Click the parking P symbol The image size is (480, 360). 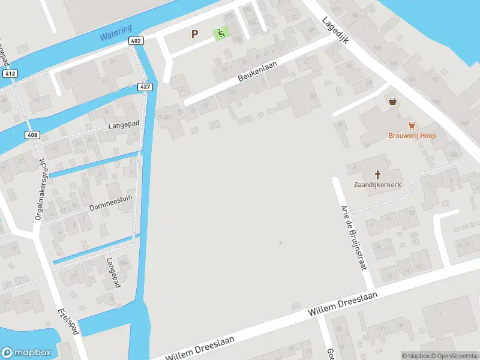194,34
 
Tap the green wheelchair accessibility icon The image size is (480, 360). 221,34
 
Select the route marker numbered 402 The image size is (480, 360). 135,41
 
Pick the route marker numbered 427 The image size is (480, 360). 146,87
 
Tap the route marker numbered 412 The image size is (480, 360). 9,74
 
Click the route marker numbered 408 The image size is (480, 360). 32,135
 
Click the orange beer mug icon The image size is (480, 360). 411,125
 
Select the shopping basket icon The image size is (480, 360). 393,102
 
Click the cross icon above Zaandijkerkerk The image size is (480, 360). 377,174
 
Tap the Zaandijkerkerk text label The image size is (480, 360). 377,185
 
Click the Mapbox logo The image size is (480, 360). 26,353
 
